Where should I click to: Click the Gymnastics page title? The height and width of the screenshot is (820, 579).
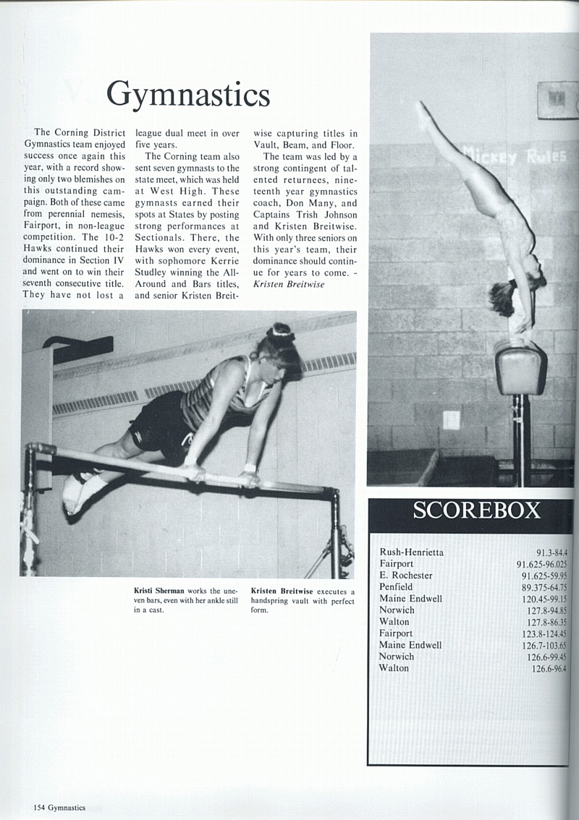click(187, 95)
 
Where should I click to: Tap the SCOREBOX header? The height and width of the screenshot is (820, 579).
click(476, 510)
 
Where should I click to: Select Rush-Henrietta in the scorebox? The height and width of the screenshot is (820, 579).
click(411, 552)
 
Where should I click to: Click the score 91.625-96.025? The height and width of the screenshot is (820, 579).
click(541, 564)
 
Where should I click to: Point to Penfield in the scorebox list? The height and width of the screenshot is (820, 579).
click(396, 587)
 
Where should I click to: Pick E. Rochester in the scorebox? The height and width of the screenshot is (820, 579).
click(405, 576)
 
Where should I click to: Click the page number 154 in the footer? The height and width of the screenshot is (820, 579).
click(38, 808)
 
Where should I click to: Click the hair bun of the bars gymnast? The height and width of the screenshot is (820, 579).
click(280, 333)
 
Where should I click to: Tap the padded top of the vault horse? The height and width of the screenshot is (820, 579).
click(520, 367)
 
